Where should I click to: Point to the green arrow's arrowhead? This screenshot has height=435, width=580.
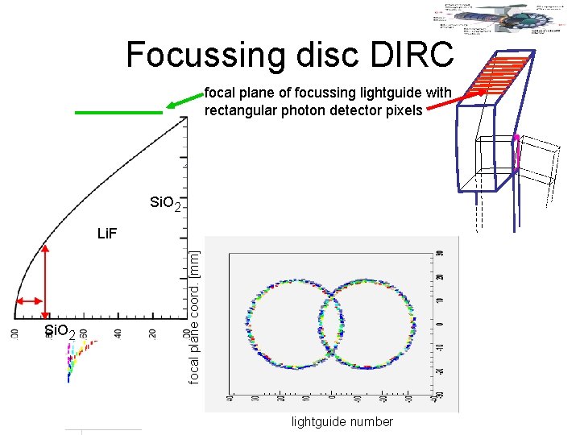click(172, 105)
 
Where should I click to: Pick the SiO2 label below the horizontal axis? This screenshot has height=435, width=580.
click(60, 332)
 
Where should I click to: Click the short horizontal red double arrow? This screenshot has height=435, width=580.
click(31, 301)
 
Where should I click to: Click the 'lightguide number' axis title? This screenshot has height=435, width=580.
click(342, 422)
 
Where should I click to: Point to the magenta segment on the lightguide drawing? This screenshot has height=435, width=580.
click(516, 150)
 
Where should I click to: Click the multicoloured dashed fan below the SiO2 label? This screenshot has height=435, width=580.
click(77, 354)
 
